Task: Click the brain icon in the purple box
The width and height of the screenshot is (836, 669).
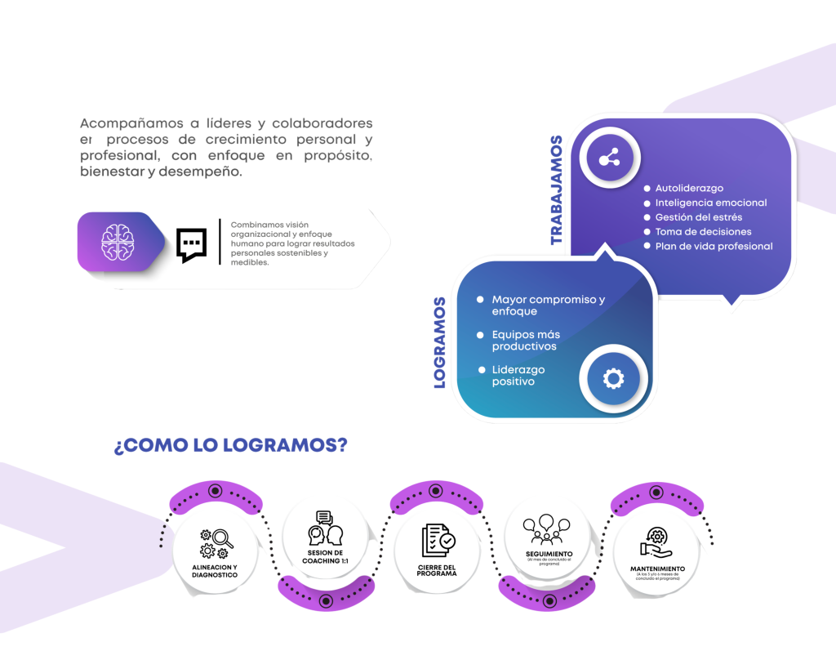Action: tap(115, 241)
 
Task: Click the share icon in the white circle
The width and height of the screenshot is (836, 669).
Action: tap(609, 159)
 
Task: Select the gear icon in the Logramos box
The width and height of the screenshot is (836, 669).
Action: tap(612, 378)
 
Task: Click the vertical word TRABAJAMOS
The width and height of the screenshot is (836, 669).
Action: tap(557, 190)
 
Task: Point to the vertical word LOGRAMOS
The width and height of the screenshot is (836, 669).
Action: tap(440, 342)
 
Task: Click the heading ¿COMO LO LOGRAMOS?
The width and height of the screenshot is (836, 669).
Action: tap(230, 446)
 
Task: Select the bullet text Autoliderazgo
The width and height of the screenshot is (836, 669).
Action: tap(689, 189)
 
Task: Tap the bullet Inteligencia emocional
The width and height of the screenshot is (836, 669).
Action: tap(710, 203)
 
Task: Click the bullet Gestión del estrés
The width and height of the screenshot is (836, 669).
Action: tap(698, 217)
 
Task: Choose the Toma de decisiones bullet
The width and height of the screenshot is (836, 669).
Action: tap(703, 232)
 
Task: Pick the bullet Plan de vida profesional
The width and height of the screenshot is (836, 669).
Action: tap(714, 246)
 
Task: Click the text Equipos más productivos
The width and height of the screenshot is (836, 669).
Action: tap(525, 341)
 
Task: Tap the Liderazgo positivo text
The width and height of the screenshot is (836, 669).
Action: tap(518, 376)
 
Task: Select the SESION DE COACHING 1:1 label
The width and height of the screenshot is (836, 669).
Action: tap(325, 556)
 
